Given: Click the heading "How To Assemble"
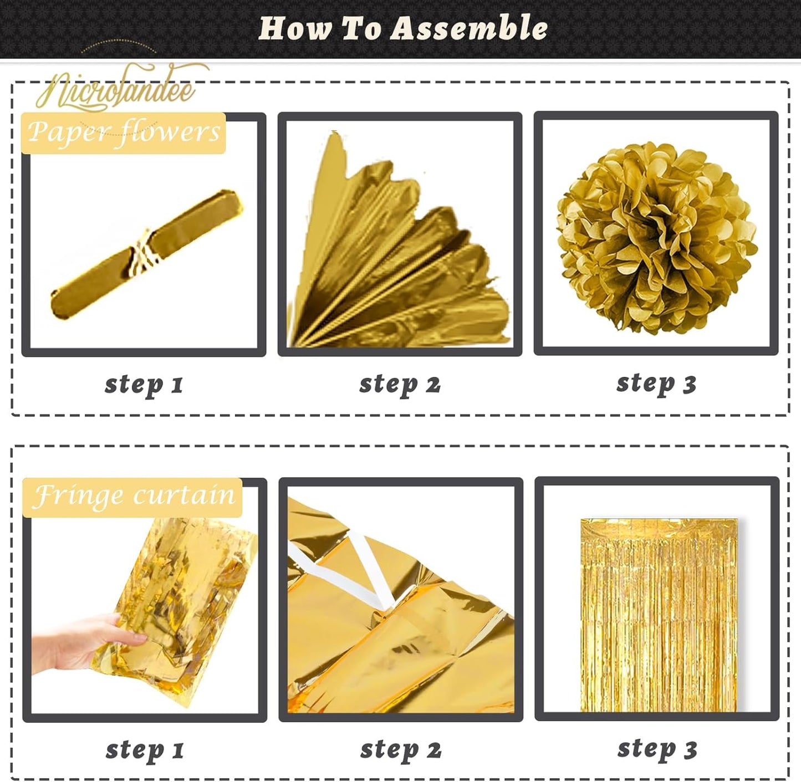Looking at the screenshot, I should click(x=403, y=28).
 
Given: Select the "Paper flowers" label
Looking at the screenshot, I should click(x=124, y=133).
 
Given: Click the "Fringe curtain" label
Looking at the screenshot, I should click(x=133, y=496).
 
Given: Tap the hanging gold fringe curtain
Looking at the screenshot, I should click(x=658, y=615).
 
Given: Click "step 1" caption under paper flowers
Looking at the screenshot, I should click(x=144, y=384).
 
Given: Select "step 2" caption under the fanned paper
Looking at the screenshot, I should click(x=400, y=384).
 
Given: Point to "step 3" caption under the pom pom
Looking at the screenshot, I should click(x=656, y=383).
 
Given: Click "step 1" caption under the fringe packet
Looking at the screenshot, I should click(x=145, y=750).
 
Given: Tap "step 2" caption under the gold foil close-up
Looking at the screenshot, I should click(x=401, y=749).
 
